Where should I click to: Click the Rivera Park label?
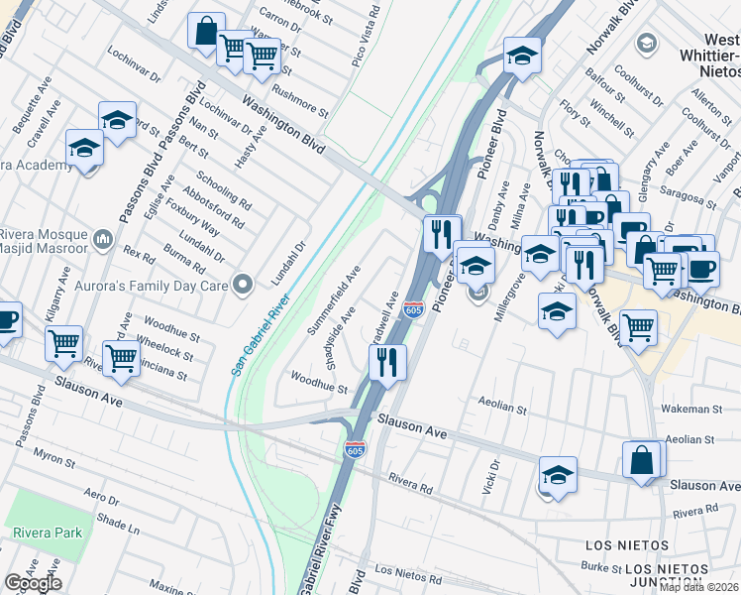coord(48,533)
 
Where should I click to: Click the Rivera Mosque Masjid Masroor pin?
coord(103,239)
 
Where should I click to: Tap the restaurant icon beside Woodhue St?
coord(388,362)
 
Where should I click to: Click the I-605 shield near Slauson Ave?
coord(356,449)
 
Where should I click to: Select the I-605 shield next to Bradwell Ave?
coord(414,310)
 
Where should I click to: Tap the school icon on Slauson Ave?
coord(559,474)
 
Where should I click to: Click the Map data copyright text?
coord(699,587)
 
